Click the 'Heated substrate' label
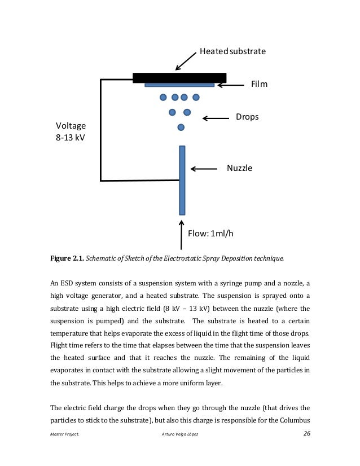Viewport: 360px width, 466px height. click(232, 51)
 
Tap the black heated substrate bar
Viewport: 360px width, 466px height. click(179, 77)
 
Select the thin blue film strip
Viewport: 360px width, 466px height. click(179, 85)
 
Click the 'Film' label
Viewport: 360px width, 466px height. click(259, 85)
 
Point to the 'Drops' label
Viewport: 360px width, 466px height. click(247, 117)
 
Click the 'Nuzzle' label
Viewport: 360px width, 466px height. click(239, 168)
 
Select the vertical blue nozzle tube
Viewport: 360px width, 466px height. click(182, 180)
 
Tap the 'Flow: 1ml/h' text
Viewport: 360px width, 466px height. click(210, 234)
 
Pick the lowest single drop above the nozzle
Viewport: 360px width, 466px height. click(181, 128)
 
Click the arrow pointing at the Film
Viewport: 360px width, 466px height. click(230, 85)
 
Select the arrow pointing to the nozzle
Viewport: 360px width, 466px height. click(204, 169)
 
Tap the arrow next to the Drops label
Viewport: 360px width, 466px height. click(213, 118)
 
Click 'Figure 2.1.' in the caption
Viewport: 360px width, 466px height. click(67, 259)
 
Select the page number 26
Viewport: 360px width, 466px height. click(306, 433)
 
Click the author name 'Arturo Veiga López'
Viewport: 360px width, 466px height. click(180, 434)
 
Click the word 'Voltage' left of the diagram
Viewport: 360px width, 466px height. click(71, 125)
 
